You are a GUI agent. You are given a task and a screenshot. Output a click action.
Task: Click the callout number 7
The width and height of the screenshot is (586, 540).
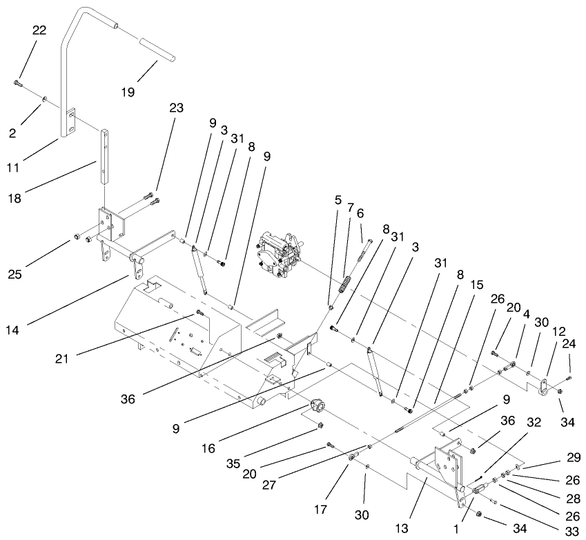point(349,207)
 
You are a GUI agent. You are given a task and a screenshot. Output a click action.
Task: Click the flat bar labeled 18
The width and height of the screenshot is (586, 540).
point(105,156)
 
